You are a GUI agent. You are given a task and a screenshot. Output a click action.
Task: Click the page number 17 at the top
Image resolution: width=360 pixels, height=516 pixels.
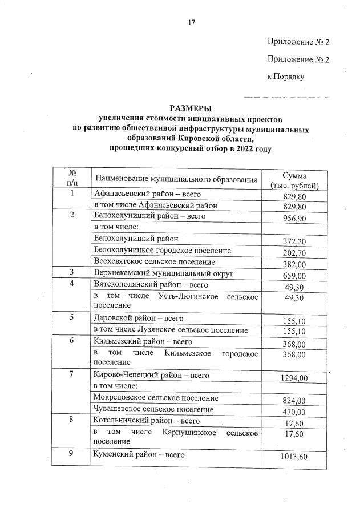[x=192, y=23]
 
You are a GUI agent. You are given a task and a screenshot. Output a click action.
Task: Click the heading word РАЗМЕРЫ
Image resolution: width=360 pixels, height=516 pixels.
[x=191, y=108]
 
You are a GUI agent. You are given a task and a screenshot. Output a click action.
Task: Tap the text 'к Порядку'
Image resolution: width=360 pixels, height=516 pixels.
[x=285, y=76]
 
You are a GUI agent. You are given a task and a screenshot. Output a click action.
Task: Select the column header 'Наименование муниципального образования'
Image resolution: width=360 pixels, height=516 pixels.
[x=176, y=180]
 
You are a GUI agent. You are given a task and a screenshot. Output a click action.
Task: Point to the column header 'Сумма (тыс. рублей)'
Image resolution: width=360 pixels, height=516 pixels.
[x=294, y=180]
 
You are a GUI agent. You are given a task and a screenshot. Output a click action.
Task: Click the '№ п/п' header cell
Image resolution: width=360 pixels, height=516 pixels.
[x=72, y=178]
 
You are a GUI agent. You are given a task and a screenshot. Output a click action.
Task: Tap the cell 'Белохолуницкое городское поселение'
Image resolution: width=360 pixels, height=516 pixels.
[x=162, y=251]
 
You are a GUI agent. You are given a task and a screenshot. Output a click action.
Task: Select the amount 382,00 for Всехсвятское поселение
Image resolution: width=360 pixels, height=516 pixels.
[x=294, y=264]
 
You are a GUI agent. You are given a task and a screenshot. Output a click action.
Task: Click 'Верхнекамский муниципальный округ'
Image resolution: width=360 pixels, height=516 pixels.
[x=160, y=273]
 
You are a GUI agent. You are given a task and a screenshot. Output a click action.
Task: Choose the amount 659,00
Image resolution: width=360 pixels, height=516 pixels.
[x=294, y=275]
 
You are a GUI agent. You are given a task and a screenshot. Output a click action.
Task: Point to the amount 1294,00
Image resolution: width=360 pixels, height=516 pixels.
[x=294, y=378]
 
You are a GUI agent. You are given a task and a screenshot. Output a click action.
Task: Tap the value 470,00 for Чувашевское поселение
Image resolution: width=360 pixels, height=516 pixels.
[x=294, y=412]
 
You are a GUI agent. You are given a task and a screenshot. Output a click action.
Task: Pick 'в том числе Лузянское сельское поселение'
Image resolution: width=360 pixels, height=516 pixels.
[x=171, y=330]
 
